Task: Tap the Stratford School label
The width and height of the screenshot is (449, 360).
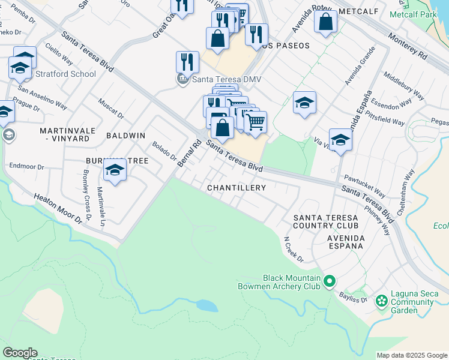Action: (x=65, y=74)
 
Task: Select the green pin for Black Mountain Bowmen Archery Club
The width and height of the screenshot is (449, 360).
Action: (x=329, y=281)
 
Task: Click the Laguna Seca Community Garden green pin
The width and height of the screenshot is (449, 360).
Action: (x=381, y=300)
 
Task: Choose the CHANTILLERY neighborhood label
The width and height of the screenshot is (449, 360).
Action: (x=237, y=188)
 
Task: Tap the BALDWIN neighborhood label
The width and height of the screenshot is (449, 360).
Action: (x=125, y=136)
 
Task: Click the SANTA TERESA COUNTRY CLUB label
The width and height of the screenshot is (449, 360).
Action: (x=325, y=221)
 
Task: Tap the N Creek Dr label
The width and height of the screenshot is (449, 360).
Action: (x=294, y=249)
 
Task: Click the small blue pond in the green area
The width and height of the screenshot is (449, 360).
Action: (x=206, y=305)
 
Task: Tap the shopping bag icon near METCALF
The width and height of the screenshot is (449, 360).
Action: (x=325, y=22)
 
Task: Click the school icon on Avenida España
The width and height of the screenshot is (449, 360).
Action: (x=340, y=139)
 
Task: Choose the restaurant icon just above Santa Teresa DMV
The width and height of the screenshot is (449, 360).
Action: (x=187, y=61)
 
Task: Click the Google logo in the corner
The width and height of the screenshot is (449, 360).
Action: (x=20, y=353)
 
